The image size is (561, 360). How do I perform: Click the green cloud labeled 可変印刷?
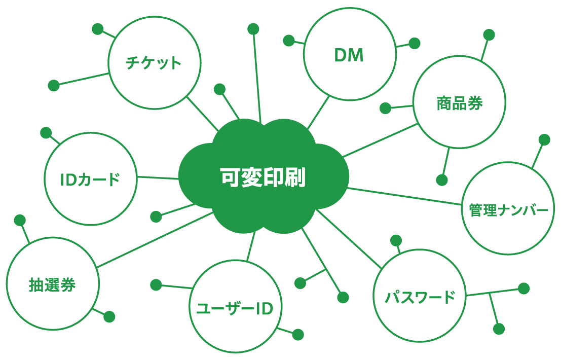[263, 177]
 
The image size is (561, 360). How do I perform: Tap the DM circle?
[349, 55]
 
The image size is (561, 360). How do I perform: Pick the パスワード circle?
[419, 296]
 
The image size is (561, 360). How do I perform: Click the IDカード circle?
[90, 179]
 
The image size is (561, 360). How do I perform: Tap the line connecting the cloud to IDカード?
[158, 177]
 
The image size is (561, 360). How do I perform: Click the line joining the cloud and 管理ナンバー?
[405, 196]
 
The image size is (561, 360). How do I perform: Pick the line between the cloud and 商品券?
[380, 140]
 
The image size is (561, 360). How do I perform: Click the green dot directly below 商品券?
[442, 180]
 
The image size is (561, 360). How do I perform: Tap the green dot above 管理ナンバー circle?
[544, 139]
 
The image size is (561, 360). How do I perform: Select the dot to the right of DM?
[415, 43]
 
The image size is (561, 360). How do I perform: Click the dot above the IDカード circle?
[46, 133]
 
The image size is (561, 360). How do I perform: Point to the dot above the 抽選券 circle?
[20, 220]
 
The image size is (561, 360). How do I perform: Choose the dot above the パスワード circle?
[396, 240]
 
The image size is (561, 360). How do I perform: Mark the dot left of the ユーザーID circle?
[156, 284]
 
